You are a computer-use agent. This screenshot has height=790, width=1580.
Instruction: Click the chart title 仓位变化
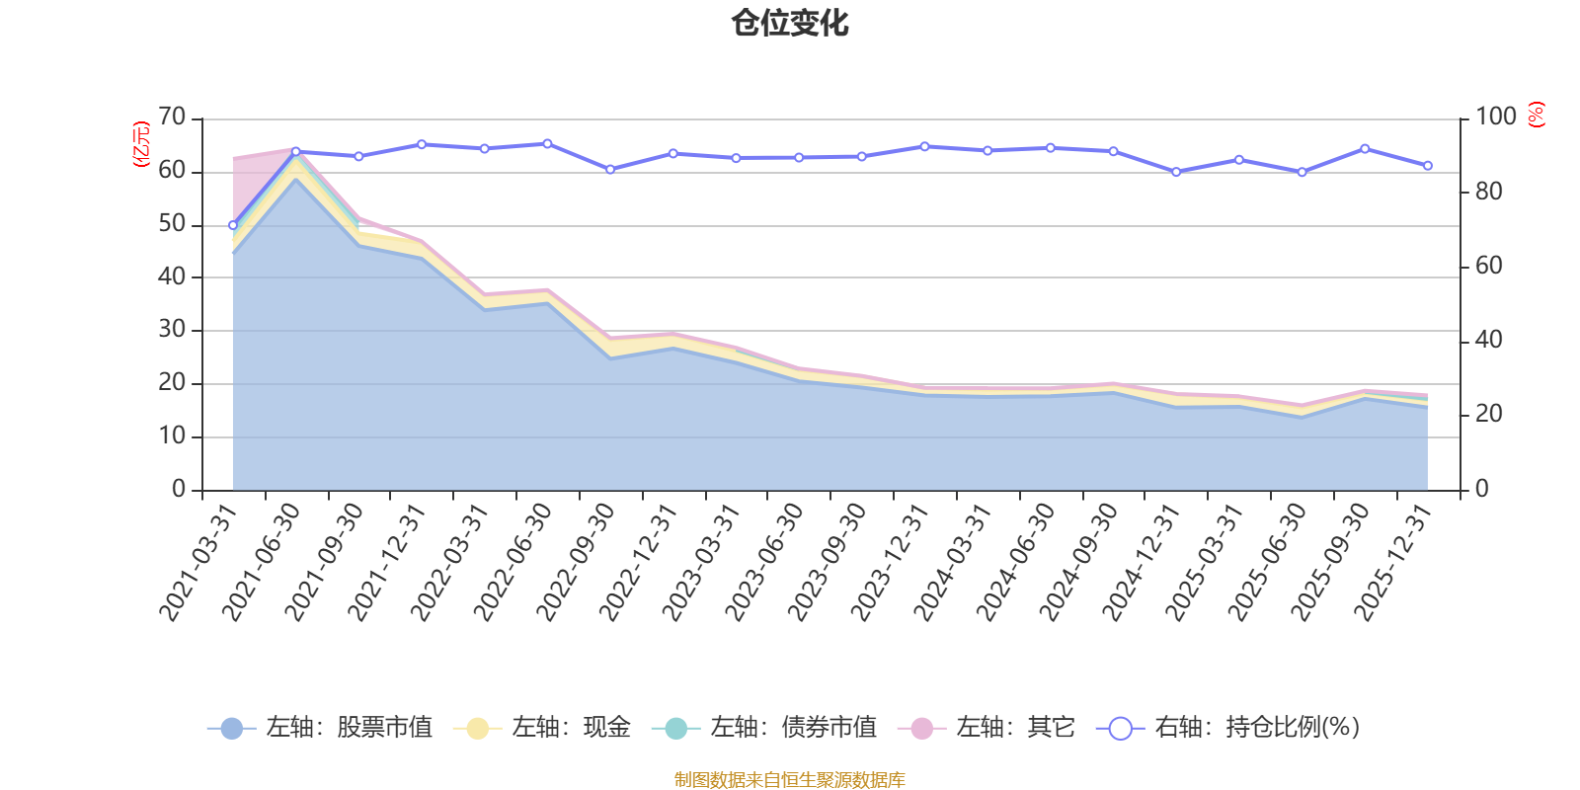coord(790,23)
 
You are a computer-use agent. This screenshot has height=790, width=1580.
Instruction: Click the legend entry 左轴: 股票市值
coord(321,728)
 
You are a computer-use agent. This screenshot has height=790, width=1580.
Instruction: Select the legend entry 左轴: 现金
coord(543,728)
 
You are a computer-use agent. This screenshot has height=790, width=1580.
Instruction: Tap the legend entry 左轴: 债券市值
coord(765,728)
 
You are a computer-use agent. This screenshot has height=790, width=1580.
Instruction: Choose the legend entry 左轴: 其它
coord(987,728)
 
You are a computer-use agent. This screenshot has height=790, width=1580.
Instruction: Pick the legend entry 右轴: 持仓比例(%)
coord(1229,728)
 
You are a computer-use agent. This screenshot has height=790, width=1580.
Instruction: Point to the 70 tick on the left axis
coord(172,118)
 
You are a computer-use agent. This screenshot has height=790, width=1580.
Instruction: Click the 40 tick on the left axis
coord(172,277)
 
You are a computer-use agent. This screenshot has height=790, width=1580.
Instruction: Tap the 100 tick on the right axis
coord(1495,118)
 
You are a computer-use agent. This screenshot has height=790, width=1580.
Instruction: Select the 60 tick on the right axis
coord(1489,266)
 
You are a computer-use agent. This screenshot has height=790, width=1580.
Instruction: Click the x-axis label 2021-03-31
coord(199,563)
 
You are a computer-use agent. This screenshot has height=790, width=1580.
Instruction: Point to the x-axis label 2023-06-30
coord(765,563)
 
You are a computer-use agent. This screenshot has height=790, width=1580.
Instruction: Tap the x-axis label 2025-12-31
coord(1394,563)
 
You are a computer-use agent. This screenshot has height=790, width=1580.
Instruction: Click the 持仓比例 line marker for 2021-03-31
coord(233,225)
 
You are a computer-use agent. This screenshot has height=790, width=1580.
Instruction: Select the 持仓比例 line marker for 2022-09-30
coord(610,170)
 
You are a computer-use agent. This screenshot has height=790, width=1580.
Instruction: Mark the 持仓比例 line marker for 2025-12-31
coord(1428,166)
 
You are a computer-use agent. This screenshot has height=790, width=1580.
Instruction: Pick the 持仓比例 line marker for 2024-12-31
coord(1176,172)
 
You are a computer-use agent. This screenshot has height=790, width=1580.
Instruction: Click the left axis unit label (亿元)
coord(141,144)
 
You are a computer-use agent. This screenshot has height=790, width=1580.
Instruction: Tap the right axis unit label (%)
coord(1537,115)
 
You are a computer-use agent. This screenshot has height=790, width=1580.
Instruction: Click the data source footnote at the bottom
coord(790,780)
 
